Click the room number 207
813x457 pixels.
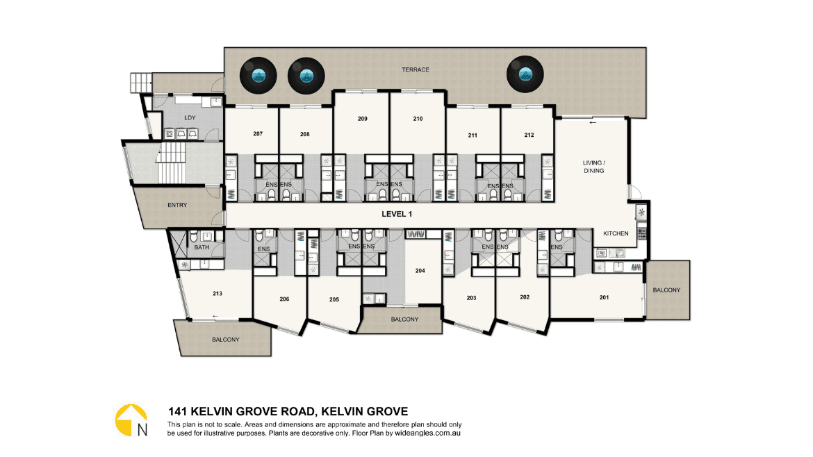(258, 133)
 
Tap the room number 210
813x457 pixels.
(418, 119)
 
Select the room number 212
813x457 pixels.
(529, 135)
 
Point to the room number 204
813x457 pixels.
(420, 270)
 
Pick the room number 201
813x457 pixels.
(604, 297)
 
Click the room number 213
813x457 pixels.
(217, 293)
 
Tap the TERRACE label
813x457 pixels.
(416, 69)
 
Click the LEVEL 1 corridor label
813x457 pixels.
(397, 214)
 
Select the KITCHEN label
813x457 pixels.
(616, 233)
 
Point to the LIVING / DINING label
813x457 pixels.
(593, 166)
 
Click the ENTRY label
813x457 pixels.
(177, 205)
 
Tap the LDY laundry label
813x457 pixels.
(190, 117)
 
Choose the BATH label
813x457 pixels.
(202, 247)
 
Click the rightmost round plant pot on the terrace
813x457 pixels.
(525, 74)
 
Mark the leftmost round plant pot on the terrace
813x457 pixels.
(258, 76)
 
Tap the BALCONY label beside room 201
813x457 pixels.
(666, 290)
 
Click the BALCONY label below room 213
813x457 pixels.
(226, 340)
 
